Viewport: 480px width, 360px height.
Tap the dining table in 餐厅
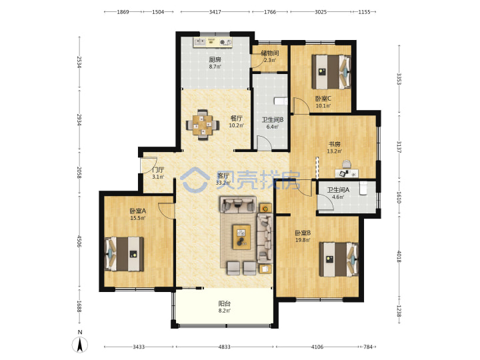pyautogui.click(x=203, y=125)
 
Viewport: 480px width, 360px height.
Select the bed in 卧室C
pyautogui.click(x=331, y=72)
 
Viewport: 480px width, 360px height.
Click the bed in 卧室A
pyautogui.click(x=124, y=254)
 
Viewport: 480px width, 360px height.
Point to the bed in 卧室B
pyautogui.click(x=339, y=259)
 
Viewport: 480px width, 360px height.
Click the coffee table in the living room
pyautogui.click(x=241, y=237)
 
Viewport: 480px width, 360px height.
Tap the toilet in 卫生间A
pyautogui.click(x=363, y=188)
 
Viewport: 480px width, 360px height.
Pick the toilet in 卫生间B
pyautogui.click(x=281, y=101)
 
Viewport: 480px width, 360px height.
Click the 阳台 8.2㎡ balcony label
pyautogui.click(x=225, y=307)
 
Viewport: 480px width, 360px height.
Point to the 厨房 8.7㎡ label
pyautogui.click(x=215, y=63)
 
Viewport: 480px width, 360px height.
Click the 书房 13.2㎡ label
pyautogui.click(x=334, y=147)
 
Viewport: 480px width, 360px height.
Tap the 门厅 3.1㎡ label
pyautogui.click(x=158, y=173)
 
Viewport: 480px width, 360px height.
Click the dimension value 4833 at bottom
pyautogui.click(x=225, y=347)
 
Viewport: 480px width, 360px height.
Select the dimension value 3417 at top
pyautogui.click(x=215, y=12)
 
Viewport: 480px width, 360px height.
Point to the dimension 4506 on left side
pyautogui.click(x=79, y=241)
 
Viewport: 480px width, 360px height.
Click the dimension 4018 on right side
pyautogui.click(x=399, y=257)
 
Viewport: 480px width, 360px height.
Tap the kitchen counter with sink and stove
pyautogui.click(x=213, y=43)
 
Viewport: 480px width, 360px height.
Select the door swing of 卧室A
pyautogui.click(x=166, y=211)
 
